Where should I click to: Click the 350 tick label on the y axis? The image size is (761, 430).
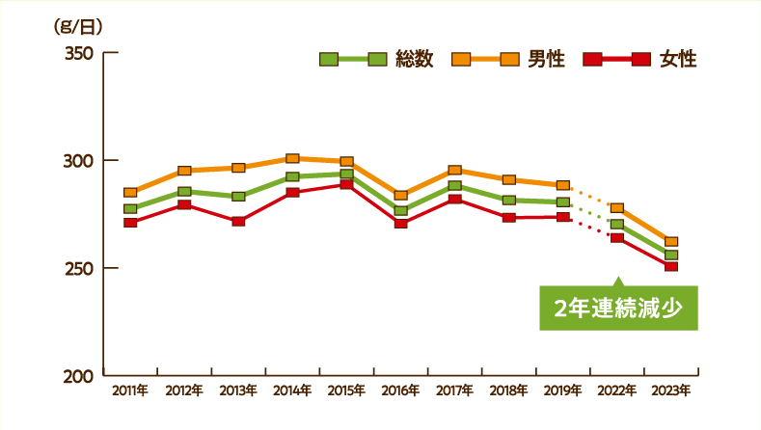pyautogui.click(x=77, y=52)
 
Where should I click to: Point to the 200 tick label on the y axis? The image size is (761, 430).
pyautogui.click(x=77, y=375)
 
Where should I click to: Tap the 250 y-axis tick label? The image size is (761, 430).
pyautogui.click(x=77, y=267)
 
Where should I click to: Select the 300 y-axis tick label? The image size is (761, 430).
pyautogui.click(x=77, y=160)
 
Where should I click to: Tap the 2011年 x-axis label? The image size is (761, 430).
pyautogui.click(x=130, y=390)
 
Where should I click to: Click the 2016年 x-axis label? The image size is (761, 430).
pyautogui.click(x=400, y=390)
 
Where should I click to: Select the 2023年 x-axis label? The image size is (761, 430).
pyautogui.click(x=671, y=390)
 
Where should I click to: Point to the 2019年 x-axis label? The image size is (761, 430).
pyautogui.click(x=562, y=390)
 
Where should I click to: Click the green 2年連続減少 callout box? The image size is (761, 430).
pyautogui.click(x=617, y=309)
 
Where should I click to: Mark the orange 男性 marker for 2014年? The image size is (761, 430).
pyautogui.click(x=292, y=158)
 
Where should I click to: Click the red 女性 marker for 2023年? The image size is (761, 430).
pyautogui.click(x=671, y=266)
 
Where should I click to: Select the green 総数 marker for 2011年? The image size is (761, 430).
pyautogui.click(x=130, y=209)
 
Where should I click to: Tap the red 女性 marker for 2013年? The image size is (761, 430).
pyautogui.click(x=238, y=221)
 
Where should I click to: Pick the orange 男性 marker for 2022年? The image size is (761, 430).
pyautogui.click(x=617, y=208)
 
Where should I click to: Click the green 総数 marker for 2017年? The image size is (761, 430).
pyautogui.click(x=454, y=186)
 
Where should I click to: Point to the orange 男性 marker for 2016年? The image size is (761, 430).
pyautogui.click(x=400, y=195)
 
